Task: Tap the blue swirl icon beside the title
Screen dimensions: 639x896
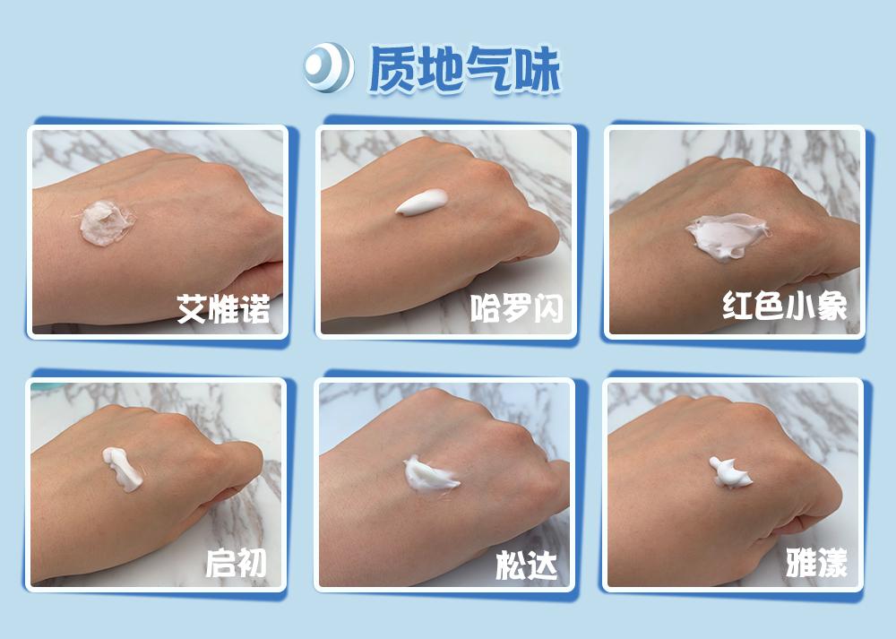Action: (x=326, y=66)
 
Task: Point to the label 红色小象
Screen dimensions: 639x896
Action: (x=785, y=307)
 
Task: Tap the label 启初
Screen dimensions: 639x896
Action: (x=236, y=564)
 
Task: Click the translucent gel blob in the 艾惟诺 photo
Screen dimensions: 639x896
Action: (x=106, y=222)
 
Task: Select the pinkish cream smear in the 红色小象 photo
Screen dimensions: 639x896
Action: (x=726, y=235)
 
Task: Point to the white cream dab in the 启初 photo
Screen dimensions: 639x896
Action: (x=123, y=468)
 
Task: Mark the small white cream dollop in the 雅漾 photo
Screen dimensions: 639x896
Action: (x=731, y=473)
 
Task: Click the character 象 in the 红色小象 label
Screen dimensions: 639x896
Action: (x=831, y=307)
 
